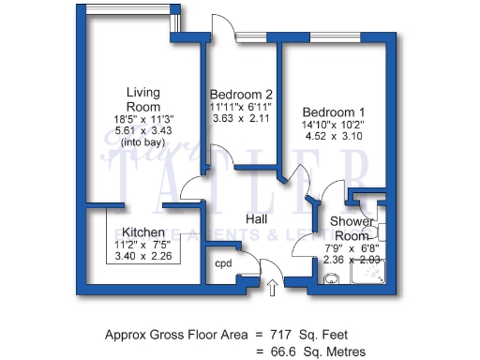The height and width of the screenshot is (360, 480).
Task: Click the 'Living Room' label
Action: (x=143, y=98)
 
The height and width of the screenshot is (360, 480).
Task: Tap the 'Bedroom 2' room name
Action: (x=241, y=95)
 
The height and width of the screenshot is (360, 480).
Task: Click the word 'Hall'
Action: (x=258, y=218)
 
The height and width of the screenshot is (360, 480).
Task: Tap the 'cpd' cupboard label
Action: (x=223, y=263)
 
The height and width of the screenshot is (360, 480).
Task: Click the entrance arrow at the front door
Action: (x=273, y=286)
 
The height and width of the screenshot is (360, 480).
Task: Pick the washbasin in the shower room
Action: (x=333, y=278)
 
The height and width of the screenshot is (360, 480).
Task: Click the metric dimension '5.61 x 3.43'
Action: (x=143, y=130)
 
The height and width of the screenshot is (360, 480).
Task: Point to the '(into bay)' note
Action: (x=143, y=142)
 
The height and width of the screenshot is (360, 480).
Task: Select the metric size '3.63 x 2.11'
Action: (x=240, y=119)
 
